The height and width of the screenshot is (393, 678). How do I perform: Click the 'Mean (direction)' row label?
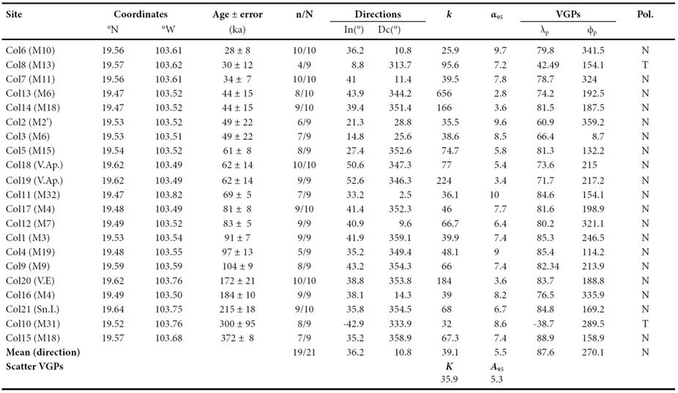(x=42, y=352)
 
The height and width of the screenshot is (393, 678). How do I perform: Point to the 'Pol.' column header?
(x=645, y=14)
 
